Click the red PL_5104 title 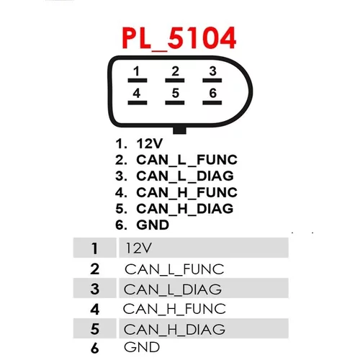179,38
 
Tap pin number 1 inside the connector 137,71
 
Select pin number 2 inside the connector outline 175,71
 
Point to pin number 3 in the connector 212,71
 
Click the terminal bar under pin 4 138,103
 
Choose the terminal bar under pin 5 175,103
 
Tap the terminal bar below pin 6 212,103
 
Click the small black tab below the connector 179,130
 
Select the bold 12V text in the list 150,144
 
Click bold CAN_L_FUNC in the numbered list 186,160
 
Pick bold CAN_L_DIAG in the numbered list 185,176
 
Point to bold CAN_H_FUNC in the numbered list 186,192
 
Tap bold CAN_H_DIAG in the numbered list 185,209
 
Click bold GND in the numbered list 153,225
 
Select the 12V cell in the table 204,248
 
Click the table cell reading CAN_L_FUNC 174,269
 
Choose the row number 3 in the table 95,289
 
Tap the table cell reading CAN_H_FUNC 174,309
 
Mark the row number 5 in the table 95,329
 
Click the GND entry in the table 142,347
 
